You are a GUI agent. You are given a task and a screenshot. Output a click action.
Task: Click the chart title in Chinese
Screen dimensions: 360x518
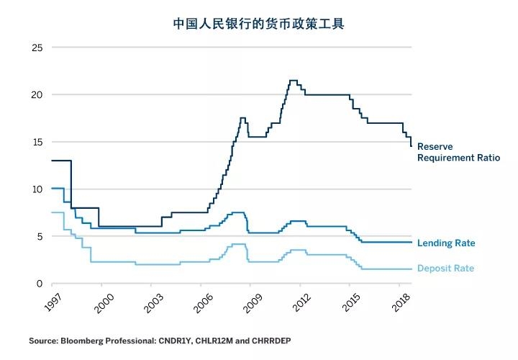click(258, 24)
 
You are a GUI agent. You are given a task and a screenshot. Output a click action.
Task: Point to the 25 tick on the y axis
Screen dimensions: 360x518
click(37, 48)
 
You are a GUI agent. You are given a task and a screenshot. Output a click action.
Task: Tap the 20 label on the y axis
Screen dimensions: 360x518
click(37, 95)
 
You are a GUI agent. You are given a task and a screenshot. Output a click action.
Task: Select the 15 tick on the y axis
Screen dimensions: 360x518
click(37, 142)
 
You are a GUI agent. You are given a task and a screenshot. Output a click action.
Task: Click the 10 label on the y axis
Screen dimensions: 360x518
click(37, 189)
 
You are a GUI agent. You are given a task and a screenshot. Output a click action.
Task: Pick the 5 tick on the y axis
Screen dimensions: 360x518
click(40, 236)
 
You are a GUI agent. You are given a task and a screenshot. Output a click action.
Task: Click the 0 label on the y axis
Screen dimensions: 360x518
click(40, 284)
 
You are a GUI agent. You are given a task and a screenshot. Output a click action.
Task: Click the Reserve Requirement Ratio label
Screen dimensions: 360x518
click(458, 152)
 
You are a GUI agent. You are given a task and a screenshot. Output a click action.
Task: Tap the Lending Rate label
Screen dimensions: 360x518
click(446, 243)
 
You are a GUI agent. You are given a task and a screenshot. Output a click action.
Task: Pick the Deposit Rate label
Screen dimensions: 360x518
click(445, 269)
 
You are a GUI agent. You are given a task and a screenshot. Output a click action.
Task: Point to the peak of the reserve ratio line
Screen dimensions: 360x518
click(293, 81)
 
